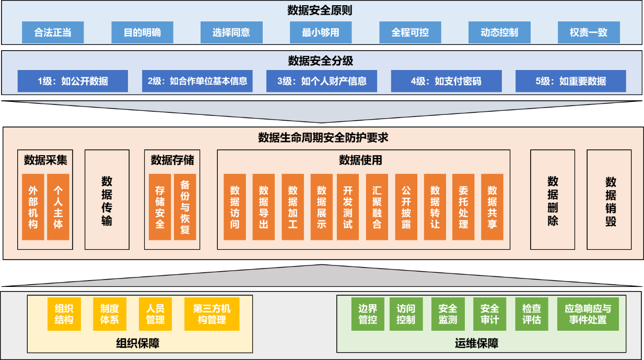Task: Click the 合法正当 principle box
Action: click(53, 32)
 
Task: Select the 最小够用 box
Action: click(320, 32)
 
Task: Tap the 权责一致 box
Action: click(589, 32)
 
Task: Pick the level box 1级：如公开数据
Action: click(73, 81)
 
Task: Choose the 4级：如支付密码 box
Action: click(446, 81)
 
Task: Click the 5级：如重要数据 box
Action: click(570, 81)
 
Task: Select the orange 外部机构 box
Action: click(33, 207)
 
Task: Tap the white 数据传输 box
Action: click(107, 200)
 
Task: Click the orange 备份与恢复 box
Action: click(185, 207)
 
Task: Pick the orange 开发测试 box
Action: click(348, 207)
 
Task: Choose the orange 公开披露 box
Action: click(406, 207)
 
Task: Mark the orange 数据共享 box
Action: click(492, 207)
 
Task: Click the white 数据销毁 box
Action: click(609, 200)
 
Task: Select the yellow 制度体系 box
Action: click(110, 314)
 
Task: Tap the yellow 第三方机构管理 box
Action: click(212, 314)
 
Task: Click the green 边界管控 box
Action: click(368, 314)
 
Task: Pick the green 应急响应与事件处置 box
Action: click(588, 314)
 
